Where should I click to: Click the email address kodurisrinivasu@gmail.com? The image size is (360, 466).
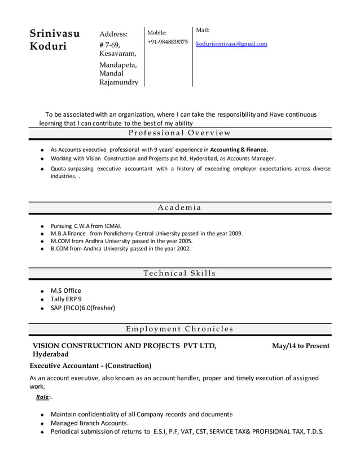(231, 43)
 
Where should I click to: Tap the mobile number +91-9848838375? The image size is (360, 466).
(168, 42)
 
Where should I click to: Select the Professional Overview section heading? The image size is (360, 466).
(179, 133)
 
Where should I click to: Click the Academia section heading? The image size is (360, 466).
(179, 208)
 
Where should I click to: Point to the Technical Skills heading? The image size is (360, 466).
(179, 274)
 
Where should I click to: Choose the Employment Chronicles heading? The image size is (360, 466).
(179, 329)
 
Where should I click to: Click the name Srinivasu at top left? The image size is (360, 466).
(54, 33)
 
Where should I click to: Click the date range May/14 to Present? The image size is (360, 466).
(300, 345)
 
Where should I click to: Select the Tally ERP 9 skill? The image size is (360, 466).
(66, 299)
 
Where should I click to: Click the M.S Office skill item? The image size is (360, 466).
(66, 291)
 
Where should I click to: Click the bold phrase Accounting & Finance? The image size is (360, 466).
(239, 150)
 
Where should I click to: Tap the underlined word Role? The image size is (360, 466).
(42, 397)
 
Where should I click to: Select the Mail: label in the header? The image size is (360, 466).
(203, 30)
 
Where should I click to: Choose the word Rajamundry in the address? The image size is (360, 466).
(118, 82)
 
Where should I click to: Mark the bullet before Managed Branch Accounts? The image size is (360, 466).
(42, 423)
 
